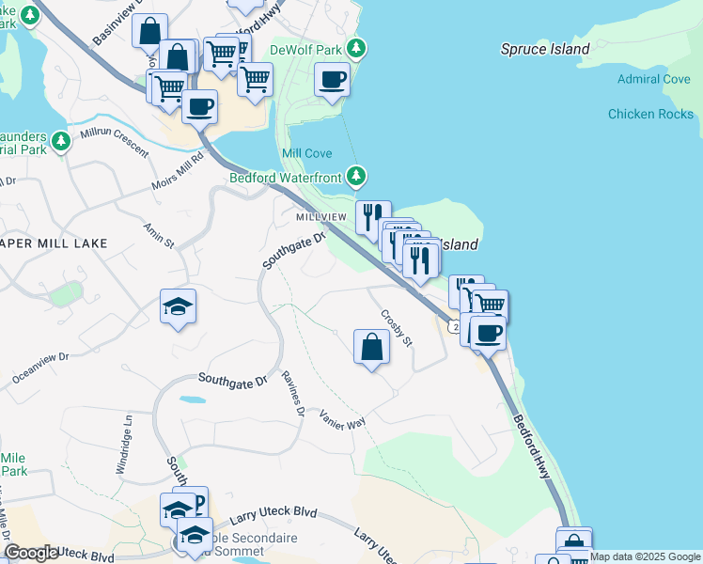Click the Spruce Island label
click(545, 49)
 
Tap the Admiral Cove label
click(654, 79)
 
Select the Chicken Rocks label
click(650, 114)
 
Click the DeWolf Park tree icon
click(356, 47)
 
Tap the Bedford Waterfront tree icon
click(356, 176)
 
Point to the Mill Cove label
click(305, 153)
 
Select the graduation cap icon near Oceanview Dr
click(179, 306)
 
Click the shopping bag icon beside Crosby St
click(372, 347)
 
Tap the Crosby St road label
click(397, 328)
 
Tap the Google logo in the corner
click(32, 554)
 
